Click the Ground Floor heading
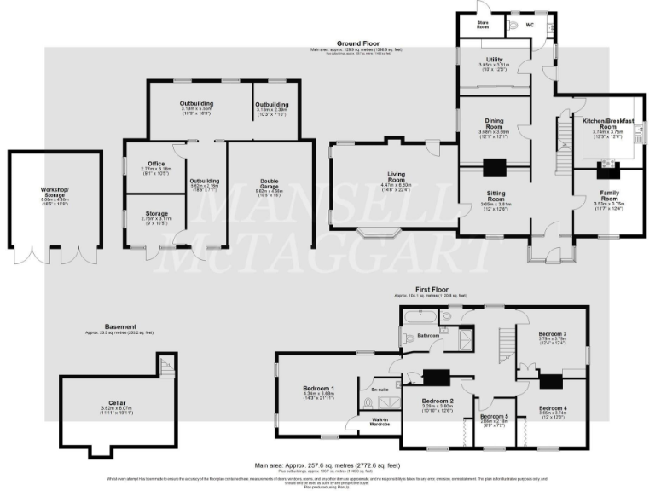pyautogui.click(x=356, y=43)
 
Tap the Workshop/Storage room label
pyautogui.click(x=55, y=191)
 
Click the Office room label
pyautogui.click(x=155, y=163)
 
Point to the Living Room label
pyautogui.click(x=396, y=176)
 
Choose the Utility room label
pyautogui.click(x=495, y=60)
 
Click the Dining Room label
pyautogui.click(x=495, y=124)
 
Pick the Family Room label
pyautogui.click(x=610, y=195)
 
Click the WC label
pyautogui.click(x=529, y=25)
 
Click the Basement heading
pyautogui.click(x=119, y=326)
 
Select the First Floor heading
pyautogui.click(x=432, y=290)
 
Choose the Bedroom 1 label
pyautogui.click(x=317, y=389)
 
